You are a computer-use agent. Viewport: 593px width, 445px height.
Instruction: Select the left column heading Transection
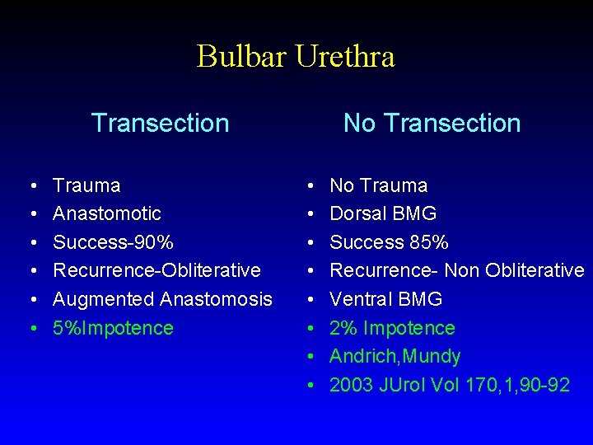pos(160,123)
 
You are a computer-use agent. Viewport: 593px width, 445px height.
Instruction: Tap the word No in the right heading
pos(358,123)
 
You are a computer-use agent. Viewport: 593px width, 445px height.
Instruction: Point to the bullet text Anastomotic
pos(107,213)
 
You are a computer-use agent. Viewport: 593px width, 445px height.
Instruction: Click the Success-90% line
pos(113,242)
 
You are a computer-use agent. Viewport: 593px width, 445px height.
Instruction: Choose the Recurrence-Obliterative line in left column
pos(156,270)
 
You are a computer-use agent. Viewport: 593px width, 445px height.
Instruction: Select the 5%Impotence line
pos(113,328)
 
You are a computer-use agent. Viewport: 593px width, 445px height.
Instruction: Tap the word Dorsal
pos(357,213)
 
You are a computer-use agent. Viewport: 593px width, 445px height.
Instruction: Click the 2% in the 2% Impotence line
pos(343,328)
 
